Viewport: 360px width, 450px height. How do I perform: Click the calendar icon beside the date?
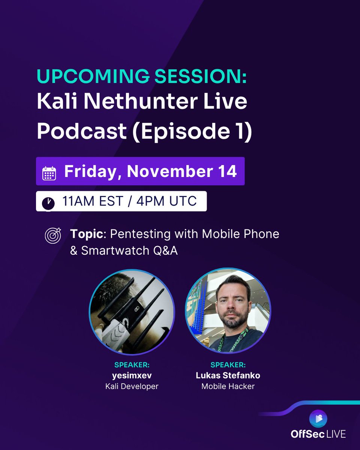click(x=49, y=173)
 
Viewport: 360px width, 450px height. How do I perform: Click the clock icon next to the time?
click(x=48, y=203)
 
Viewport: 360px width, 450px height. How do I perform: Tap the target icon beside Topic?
click(x=53, y=235)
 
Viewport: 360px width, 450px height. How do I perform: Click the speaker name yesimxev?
click(x=132, y=375)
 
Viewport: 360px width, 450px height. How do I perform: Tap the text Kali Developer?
click(x=132, y=386)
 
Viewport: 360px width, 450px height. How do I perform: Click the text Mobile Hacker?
click(x=228, y=386)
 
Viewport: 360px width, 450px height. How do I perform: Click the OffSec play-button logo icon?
click(x=318, y=419)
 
